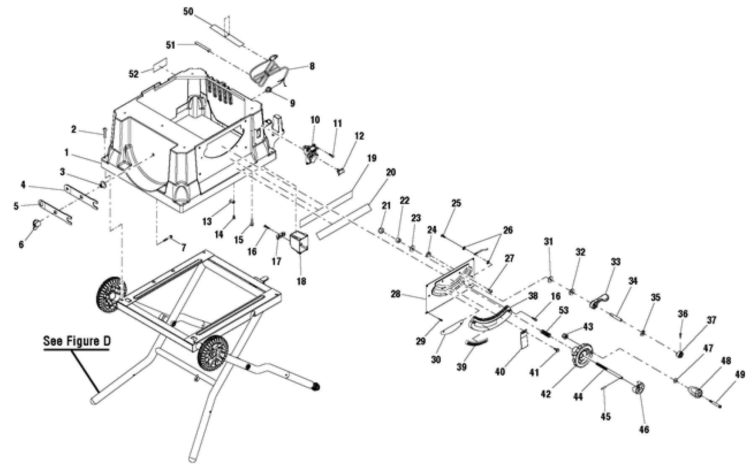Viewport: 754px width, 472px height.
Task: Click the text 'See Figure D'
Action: (77, 341)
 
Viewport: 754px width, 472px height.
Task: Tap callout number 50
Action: (188, 11)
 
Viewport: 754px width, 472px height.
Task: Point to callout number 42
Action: (545, 394)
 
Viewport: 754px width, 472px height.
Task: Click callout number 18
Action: (301, 281)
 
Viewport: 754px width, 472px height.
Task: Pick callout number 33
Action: (615, 262)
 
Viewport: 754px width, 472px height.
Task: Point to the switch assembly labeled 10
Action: (312, 154)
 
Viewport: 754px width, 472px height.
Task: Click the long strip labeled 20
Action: (344, 221)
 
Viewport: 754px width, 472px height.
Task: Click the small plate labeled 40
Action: (523, 339)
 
